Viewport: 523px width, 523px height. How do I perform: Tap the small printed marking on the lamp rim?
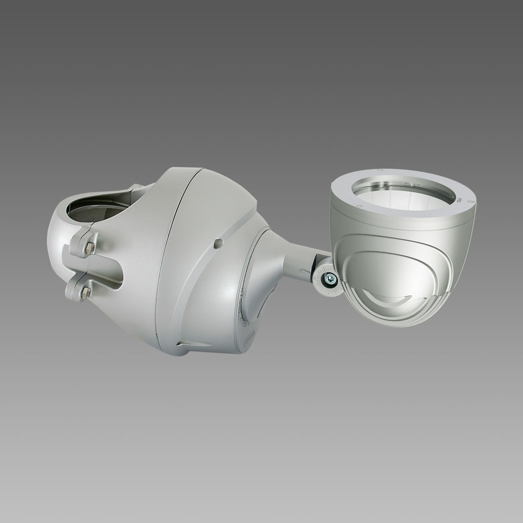pyautogui.click(x=459, y=201)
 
